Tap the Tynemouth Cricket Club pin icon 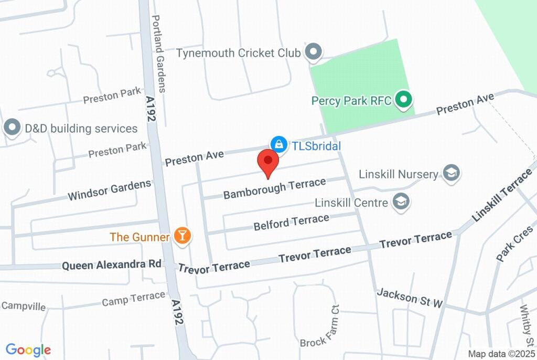pyautogui.click(x=314, y=51)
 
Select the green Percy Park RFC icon pyautogui.click(x=403, y=99)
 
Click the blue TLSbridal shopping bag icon pyautogui.click(x=279, y=144)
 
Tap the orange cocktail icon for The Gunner pyautogui.click(x=182, y=236)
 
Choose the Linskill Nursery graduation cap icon pyautogui.click(x=450, y=173)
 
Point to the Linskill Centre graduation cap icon pyautogui.click(x=402, y=201)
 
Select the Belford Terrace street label pyautogui.click(x=292, y=222)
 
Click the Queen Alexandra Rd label pyautogui.click(x=112, y=265)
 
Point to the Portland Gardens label pyautogui.click(x=158, y=53)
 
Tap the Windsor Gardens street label pyautogui.click(x=110, y=190)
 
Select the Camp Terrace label pyautogui.click(x=134, y=299)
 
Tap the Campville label pyautogui.click(x=24, y=306)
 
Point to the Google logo pyautogui.click(x=28, y=350)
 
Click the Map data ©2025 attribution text pyautogui.click(x=501, y=354)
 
